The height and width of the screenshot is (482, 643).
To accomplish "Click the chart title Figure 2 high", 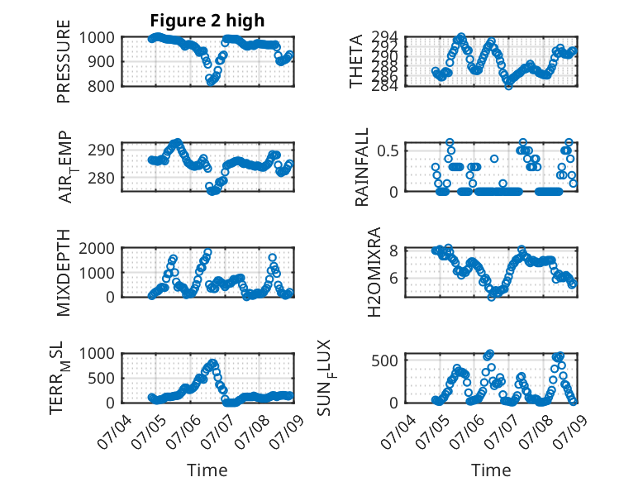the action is pos(207,21).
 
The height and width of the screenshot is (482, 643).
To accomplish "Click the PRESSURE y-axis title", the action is pos(64,61).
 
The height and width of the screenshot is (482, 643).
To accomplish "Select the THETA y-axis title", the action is pos(355,61).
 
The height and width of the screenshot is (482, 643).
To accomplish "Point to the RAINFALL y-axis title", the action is pos(362,167).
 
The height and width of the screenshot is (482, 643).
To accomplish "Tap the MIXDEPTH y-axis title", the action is pos(64,273).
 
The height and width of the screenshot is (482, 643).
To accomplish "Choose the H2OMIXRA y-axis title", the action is pos(374,272).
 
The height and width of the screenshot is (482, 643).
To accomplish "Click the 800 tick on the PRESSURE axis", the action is pos(102,86).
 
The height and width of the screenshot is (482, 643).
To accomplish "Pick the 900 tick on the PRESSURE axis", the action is pos(102,61).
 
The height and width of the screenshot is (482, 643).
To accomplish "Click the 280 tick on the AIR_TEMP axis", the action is pos(102,179).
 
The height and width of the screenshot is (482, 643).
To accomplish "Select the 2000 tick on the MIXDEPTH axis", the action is pos(97,248).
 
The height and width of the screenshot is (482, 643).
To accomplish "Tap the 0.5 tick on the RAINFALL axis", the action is pos(388,150).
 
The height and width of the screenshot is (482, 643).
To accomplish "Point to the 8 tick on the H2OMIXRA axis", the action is pos(394,251).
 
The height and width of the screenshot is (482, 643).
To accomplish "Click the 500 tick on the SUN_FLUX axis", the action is pos(384,360).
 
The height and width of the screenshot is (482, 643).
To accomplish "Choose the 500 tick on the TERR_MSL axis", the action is pos(102,378).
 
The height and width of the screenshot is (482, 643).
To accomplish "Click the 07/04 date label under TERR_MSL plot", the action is pos(115,431).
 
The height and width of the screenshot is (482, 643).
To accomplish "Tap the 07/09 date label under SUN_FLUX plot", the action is pos(570,431).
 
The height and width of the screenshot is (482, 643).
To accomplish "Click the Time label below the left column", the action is pos(207,470).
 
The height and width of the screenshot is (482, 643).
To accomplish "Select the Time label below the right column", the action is pos(491,470).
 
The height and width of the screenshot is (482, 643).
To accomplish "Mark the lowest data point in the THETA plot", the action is pos(508,86).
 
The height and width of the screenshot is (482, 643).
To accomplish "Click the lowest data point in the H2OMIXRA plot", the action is pos(491,297).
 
